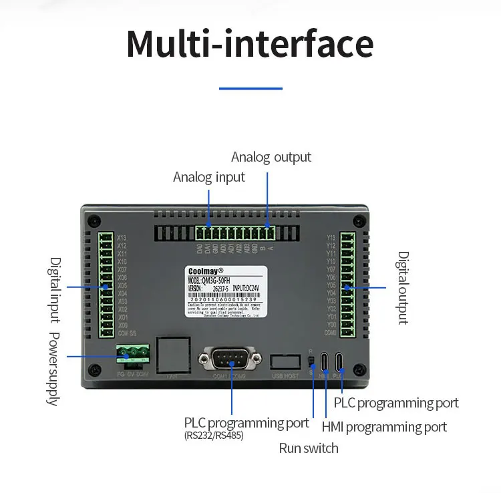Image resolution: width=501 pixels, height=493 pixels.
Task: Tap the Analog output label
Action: click(x=271, y=157)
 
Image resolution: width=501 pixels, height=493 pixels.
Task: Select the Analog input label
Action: click(x=209, y=177)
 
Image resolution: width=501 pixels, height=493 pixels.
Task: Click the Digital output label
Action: click(x=403, y=287)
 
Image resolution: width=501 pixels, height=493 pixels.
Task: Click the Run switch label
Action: click(x=309, y=448)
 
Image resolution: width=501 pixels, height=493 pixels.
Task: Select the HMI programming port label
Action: click(x=384, y=427)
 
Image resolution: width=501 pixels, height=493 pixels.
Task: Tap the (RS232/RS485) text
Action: click(x=214, y=436)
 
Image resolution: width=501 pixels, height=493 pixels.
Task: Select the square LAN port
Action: click(x=172, y=354)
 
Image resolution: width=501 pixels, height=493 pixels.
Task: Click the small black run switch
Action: click(x=311, y=361)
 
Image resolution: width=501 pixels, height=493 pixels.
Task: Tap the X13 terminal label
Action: click(x=122, y=237)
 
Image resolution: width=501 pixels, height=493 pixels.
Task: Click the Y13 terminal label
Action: click(x=331, y=237)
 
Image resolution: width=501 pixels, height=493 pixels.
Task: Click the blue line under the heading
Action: click(x=251, y=88)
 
